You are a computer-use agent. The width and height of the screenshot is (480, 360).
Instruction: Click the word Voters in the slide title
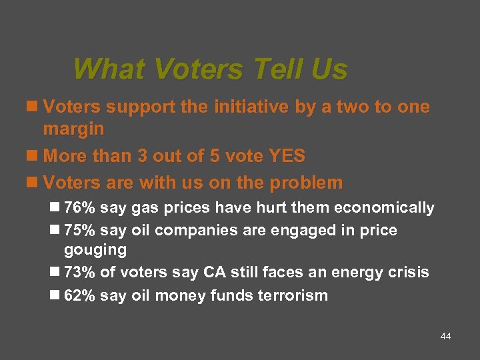coord(201,69)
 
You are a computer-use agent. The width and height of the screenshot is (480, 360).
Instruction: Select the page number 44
coord(446,337)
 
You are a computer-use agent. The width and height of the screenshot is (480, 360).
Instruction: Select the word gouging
coord(95,250)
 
